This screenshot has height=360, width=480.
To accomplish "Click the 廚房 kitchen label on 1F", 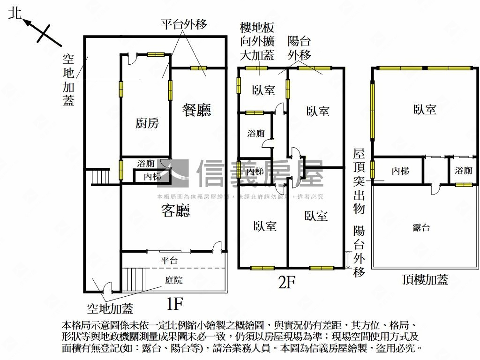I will tap(147, 123).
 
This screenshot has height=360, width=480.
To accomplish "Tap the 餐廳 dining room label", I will tap(197, 110).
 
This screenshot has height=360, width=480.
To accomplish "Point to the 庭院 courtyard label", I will tap(173, 280).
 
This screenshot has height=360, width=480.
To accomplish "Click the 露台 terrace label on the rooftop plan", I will tap(421, 228).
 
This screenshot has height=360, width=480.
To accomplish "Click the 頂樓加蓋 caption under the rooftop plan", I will tap(425, 280).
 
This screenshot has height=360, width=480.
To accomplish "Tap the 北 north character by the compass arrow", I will tap(15, 14).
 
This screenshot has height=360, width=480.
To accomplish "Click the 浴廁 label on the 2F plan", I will tap(256, 134).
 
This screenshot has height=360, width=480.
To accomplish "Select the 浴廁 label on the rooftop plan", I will tap(463, 171).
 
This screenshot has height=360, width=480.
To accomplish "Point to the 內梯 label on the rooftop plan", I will tap(400, 171).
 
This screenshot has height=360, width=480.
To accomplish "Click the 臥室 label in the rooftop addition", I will tap(425, 110).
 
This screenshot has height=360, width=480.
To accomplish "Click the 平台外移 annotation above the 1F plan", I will tap(184, 24).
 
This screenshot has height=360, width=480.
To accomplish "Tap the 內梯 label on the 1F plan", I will tap(152, 177).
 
